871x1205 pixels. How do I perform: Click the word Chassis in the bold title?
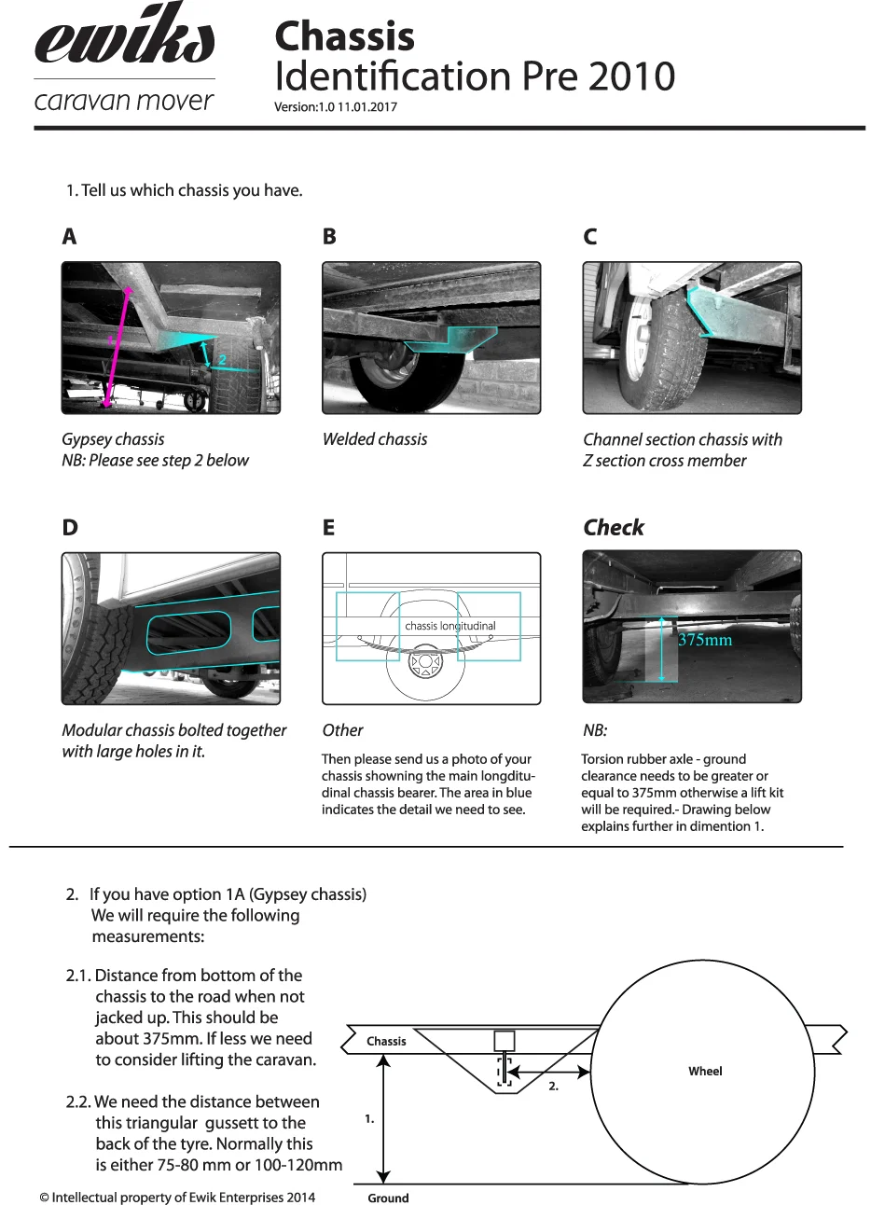pyautogui.click(x=344, y=36)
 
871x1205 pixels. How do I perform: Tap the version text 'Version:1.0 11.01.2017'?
pyautogui.click(x=336, y=106)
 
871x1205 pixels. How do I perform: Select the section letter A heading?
pyautogui.click(x=69, y=237)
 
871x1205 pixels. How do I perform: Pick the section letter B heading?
pyautogui.click(x=329, y=237)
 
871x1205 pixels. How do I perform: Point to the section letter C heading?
pyautogui.click(x=589, y=237)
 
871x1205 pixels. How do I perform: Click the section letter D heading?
pyautogui.click(x=70, y=528)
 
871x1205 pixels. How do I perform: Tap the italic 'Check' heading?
pyautogui.click(x=614, y=528)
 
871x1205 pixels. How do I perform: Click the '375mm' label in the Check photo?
pyautogui.click(x=705, y=640)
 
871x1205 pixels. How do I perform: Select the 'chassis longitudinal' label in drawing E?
pyautogui.click(x=450, y=626)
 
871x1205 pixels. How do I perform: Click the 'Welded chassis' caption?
pyautogui.click(x=375, y=439)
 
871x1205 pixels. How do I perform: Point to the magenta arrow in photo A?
pyautogui.click(x=117, y=345)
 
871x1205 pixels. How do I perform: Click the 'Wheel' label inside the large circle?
pyautogui.click(x=705, y=1072)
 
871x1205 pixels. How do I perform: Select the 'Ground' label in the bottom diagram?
pyautogui.click(x=388, y=1198)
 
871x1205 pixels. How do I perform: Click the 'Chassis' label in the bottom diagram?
pyautogui.click(x=386, y=1041)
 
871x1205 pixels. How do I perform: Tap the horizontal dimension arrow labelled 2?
pyautogui.click(x=551, y=1073)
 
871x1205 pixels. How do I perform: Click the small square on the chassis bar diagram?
pyautogui.click(x=504, y=1041)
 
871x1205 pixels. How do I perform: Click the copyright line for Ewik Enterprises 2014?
pyautogui.click(x=177, y=1198)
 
